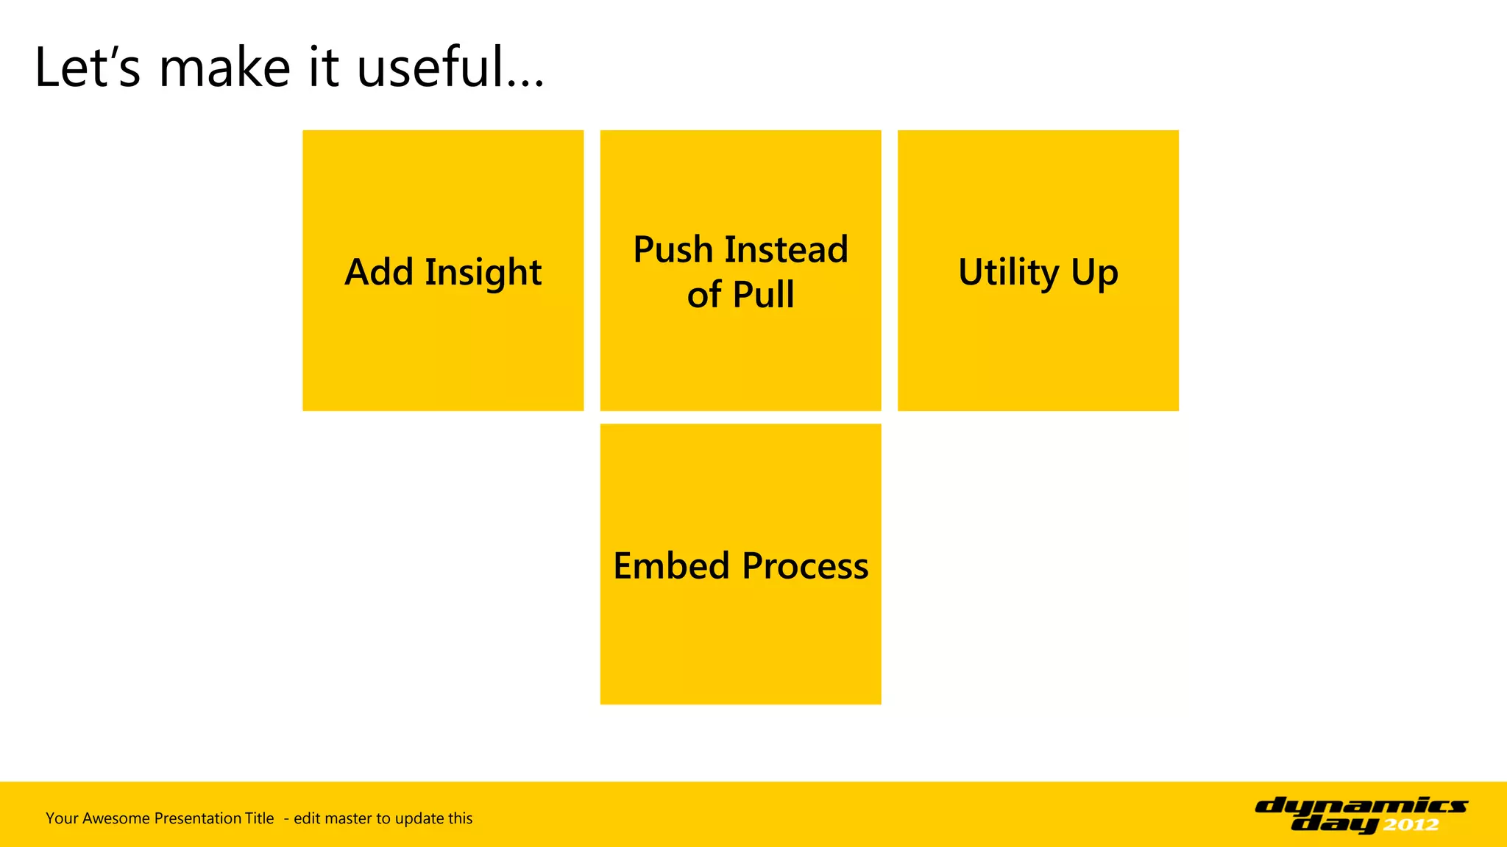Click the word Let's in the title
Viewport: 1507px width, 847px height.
[87, 68]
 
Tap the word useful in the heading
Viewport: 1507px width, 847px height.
[431, 68]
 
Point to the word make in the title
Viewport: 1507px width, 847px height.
[225, 68]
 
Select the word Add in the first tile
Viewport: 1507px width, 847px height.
[379, 272]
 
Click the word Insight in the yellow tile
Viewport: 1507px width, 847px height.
[483, 274]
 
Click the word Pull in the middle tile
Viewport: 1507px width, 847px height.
[763, 295]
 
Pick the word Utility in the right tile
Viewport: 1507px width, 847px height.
[1009, 274]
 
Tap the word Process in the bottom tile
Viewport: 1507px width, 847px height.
[805, 566]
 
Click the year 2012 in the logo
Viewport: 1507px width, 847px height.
[1411, 825]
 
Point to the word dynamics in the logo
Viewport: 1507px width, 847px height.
[1361, 806]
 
